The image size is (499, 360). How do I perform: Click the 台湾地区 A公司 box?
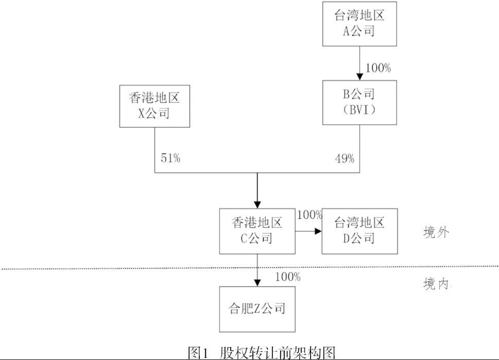point(359,23)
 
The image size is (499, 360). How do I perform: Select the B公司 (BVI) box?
point(359,102)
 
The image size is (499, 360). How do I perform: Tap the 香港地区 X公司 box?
point(154,106)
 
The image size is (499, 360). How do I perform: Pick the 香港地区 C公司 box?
point(256,231)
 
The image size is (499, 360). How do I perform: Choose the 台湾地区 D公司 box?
point(359,231)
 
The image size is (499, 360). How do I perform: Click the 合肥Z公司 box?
point(256,309)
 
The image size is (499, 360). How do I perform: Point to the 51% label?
point(170,159)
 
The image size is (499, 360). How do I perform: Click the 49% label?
point(344,159)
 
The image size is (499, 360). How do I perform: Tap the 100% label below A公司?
point(378,68)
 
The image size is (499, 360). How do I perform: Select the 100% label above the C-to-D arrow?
point(309,215)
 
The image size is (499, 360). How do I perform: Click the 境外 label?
point(436,232)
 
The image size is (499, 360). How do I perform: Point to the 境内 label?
point(436,285)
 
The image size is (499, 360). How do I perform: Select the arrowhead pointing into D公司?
point(318,231)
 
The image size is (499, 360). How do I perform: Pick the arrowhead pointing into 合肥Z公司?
point(256,282)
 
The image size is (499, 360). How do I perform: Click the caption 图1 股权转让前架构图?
point(262,353)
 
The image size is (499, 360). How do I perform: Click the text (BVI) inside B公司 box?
point(359,110)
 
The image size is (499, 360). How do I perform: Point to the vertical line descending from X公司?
point(155,149)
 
